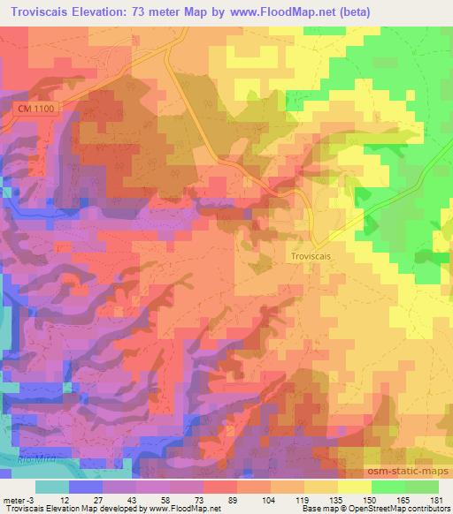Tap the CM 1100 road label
35,107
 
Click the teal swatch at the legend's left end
51,487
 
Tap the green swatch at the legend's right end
421,487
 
